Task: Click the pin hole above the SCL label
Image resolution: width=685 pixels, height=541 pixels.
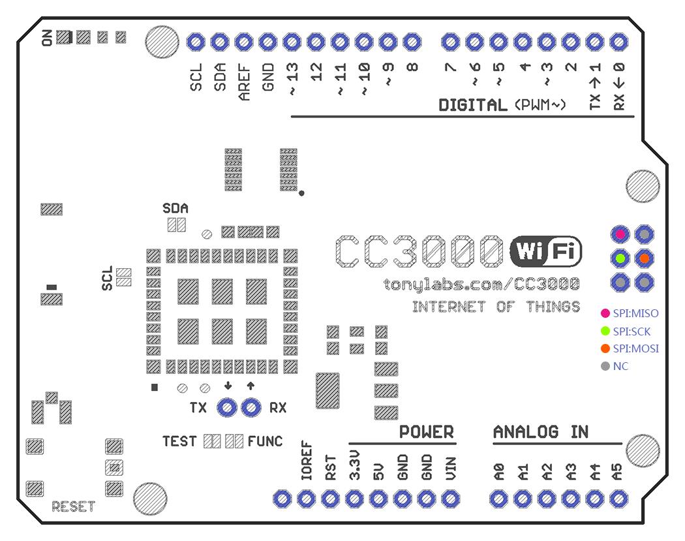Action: pos(196,42)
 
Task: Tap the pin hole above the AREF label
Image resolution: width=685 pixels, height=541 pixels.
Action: pos(244,42)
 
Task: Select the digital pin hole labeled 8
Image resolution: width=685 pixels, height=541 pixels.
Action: pos(411,42)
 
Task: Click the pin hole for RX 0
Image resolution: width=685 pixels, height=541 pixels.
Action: pos(618,42)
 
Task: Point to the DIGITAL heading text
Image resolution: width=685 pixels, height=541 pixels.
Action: pos(472,105)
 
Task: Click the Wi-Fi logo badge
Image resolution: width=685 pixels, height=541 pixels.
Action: pos(546,251)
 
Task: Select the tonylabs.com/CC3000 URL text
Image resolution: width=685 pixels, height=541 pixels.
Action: pos(481,285)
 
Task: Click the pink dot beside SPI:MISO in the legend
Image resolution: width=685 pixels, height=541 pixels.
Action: pos(605,314)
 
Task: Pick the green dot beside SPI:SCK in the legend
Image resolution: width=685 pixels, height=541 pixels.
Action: pos(605,332)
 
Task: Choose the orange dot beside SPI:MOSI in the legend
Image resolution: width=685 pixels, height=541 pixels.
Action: pos(605,348)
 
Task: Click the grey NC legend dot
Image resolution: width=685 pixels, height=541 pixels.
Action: pos(605,366)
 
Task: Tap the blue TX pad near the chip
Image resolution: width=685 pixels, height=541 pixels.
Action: pos(227,408)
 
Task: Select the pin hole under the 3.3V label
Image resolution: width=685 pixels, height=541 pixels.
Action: pos(354,500)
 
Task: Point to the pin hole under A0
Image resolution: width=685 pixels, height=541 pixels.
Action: pos(498,500)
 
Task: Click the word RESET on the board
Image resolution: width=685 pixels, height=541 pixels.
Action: pos(73,506)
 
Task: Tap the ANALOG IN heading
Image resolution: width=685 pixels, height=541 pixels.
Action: pos(541,432)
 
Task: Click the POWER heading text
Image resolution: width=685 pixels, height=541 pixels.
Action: pos(426,432)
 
